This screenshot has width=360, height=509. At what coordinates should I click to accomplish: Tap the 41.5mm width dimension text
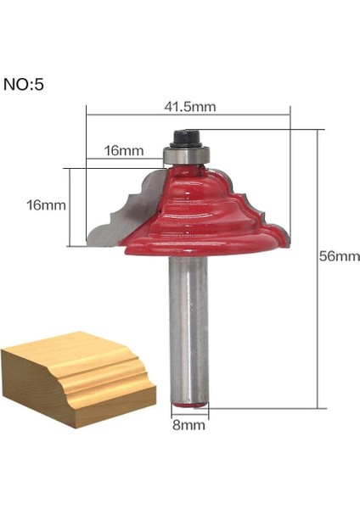click(189, 107)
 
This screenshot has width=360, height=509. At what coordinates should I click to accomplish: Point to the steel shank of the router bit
click(187, 322)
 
